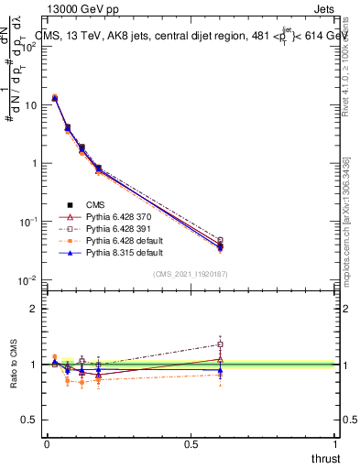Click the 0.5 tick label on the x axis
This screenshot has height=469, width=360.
190,443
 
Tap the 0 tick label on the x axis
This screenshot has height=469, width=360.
47,443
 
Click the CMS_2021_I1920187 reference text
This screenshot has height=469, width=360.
191,274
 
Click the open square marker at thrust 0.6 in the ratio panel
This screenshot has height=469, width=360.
219,344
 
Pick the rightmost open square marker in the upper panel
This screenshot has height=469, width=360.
219,241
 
